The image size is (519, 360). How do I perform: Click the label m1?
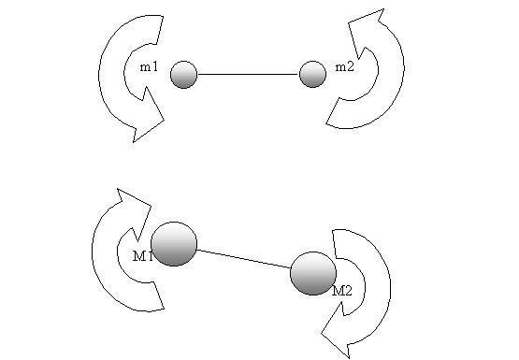150,67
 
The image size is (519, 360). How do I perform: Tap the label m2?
344,67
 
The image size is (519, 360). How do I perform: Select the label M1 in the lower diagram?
143,256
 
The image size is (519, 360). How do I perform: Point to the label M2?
342,291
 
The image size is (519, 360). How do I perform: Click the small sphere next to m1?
183,75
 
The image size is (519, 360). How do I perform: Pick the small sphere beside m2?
312,74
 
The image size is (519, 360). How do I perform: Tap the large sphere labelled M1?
174,244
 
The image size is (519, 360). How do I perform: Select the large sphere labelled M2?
313,273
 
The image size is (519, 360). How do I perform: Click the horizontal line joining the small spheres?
248,74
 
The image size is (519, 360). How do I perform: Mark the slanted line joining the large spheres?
244,259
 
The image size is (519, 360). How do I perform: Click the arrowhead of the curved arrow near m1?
148,117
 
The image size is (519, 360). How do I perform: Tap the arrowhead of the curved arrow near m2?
366,33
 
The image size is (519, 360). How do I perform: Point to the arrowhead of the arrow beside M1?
134,211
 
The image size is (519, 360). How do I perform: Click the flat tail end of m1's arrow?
159,30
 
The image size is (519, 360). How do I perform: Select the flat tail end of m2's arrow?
333,111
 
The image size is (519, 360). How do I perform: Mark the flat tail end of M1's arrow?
160,295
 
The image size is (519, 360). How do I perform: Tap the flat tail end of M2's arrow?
334,244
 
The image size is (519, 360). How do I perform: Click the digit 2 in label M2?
348,291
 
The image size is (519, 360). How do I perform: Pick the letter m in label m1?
145,68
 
